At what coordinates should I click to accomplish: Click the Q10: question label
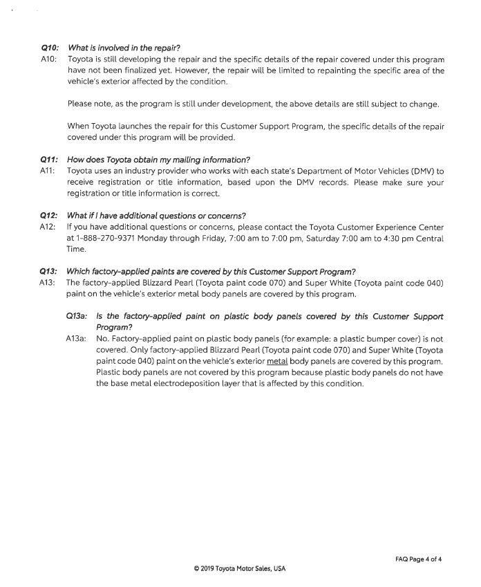[x=50, y=48]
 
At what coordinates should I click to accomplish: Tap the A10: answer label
[x=50, y=59]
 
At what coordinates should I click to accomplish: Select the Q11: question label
[x=50, y=160]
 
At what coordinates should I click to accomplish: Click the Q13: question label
[x=49, y=271]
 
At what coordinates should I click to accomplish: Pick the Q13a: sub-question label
[x=77, y=316]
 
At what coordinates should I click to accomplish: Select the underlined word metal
[x=276, y=362]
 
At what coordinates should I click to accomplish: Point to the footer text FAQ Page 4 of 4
[x=418, y=559]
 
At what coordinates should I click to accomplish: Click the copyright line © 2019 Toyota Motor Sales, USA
[x=240, y=569]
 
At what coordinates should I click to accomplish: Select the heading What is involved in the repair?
[x=124, y=48]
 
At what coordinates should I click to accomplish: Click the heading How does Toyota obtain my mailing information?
[x=158, y=160]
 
